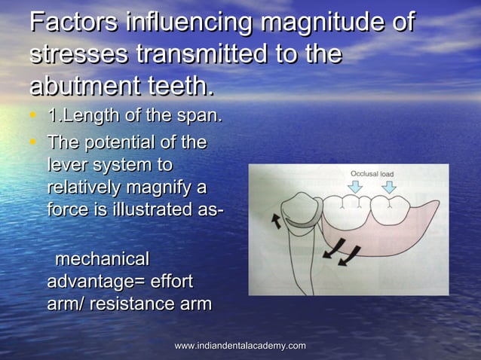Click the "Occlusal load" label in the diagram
[x=372, y=174]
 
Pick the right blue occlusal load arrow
[x=388, y=188]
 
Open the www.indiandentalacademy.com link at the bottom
[x=240, y=345]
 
